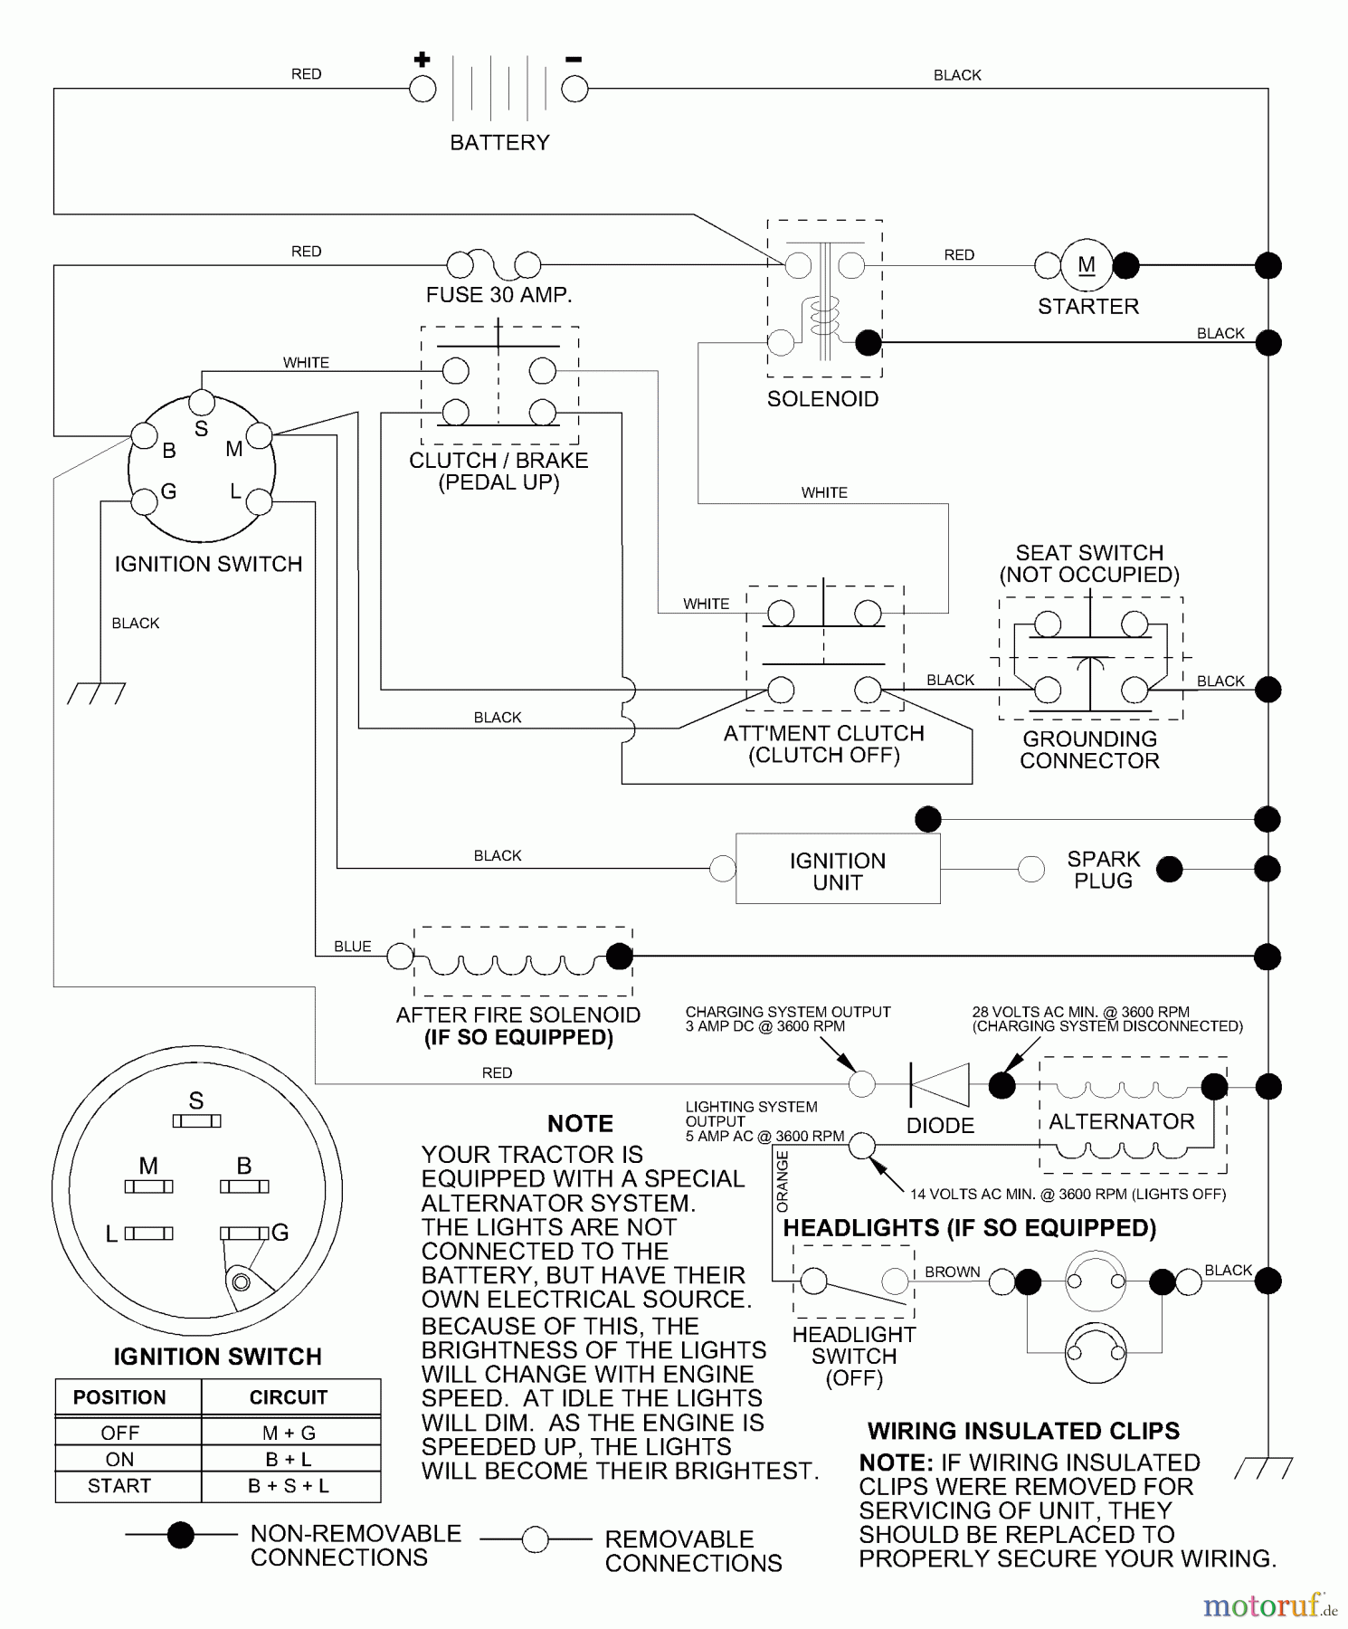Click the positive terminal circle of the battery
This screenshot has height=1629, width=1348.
(x=422, y=89)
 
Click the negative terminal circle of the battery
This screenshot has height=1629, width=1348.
(x=574, y=89)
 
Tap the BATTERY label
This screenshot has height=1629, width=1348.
(x=499, y=142)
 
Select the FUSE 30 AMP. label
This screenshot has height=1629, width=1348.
(x=498, y=295)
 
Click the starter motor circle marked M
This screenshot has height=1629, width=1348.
(x=1087, y=265)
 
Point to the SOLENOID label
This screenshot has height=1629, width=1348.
(x=822, y=399)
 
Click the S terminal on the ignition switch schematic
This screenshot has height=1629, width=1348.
(x=202, y=403)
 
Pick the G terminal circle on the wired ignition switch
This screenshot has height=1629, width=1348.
(x=144, y=501)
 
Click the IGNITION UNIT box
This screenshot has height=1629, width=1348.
(x=838, y=870)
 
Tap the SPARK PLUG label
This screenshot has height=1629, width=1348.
(x=1103, y=870)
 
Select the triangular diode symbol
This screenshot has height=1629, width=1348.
(x=940, y=1084)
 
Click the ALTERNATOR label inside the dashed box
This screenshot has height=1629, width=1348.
(x=1122, y=1121)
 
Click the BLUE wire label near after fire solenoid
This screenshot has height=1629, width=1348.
(x=352, y=947)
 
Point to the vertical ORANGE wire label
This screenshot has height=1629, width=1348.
(x=783, y=1181)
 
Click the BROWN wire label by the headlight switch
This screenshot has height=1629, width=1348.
(x=952, y=1272)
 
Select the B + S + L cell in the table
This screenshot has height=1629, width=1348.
(x=289, y=1486)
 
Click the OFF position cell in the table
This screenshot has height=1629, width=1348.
(x=119, y=1433)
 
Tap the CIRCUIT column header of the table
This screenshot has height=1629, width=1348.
(x=289, y=1397)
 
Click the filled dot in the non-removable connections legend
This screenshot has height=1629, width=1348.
(x=181, y=1535)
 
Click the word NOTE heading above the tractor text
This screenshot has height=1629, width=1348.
(x=580, y=1123)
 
